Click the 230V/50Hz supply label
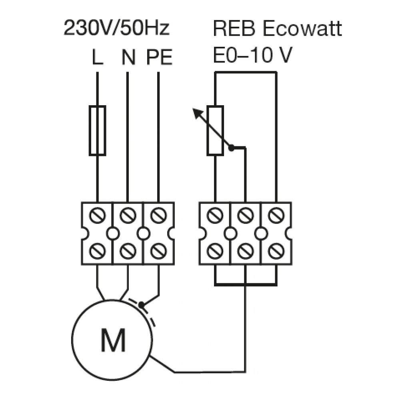pos(116,28)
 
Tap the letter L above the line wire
pos(97,57)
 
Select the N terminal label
pos(128,57)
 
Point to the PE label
pos(160,57)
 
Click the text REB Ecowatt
pos(277,28)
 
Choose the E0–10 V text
pos(252,55)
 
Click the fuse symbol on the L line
pos(98,130)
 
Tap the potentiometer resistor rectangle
pos(215,130)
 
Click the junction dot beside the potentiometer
pos(231,148)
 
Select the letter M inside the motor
pos(113,340)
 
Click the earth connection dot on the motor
pos(141,304)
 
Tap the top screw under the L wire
pos(98,215)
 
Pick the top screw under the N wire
pos(128,215)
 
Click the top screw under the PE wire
pos(159,215)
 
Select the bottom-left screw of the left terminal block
pos(98,251)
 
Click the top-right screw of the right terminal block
pos(276,215)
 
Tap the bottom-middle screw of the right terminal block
pos(246,251)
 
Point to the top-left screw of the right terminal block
pos(215,215)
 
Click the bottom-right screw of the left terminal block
pos(159,251)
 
